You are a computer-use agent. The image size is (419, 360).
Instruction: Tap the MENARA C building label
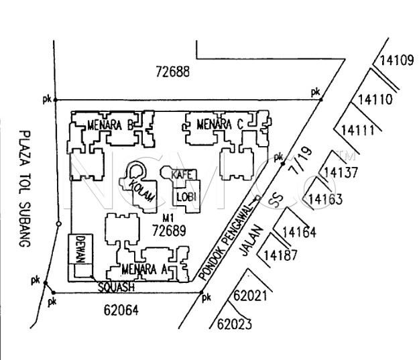point(221,124)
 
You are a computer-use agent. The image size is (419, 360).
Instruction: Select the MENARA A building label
point(145,269)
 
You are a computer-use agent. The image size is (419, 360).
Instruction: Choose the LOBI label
point(186,196)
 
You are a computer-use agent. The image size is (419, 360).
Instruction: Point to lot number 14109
point(396,60)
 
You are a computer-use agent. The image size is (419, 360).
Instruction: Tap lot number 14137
point(340,172)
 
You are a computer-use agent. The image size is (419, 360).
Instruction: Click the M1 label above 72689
point(168,218)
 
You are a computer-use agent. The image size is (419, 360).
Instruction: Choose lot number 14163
point(325,199)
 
